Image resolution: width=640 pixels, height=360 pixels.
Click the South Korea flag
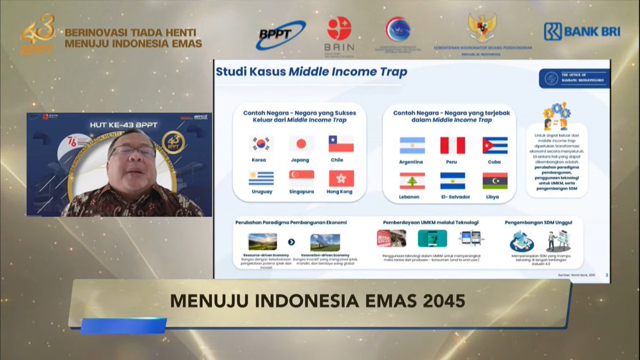[x=261, y=144]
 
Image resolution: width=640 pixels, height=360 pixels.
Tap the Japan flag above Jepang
[x=301, y=144]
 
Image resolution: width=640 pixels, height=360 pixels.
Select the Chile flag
[x=341, y=144]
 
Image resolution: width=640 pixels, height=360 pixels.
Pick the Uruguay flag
[x=261, y=178]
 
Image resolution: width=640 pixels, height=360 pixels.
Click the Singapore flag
[x=301, y=178]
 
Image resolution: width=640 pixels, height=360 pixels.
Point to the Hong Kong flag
[x=341, y=178]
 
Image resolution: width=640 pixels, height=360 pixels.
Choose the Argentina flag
[x=412, y=146]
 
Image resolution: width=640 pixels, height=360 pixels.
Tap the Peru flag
[x=452, y=146]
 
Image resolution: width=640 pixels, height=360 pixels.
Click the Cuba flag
[x=495, y=146]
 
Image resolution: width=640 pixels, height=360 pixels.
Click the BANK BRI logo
[x=581, y=31]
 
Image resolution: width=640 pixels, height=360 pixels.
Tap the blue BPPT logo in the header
[x=281, y=34]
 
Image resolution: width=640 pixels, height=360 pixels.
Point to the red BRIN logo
[x=339, y=29]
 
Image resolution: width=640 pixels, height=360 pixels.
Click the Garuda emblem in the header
[x=482, y=27]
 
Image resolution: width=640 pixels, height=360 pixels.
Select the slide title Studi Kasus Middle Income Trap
[x=311, y=71]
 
